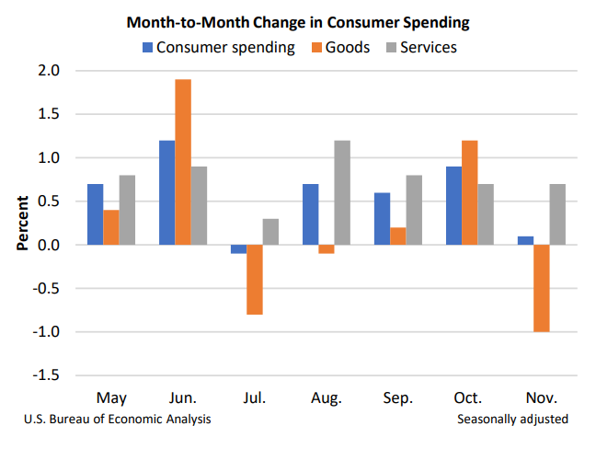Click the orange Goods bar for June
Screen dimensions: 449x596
[183, 162]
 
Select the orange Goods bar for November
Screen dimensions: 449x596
[543, 288]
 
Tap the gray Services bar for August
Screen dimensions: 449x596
[343, 192]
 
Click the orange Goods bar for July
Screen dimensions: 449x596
[255, 280]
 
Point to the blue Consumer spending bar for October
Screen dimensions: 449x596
[453, 205]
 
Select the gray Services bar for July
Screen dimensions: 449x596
[271, 232]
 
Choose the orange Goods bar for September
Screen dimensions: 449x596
[398, 236]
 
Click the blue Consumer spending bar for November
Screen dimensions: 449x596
[525, 240]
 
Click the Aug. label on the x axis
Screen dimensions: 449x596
[327, 398]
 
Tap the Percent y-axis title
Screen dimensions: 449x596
[22, 222]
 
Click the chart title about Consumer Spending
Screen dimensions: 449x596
[297, 20]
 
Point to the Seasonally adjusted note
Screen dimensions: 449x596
[512, 420]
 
